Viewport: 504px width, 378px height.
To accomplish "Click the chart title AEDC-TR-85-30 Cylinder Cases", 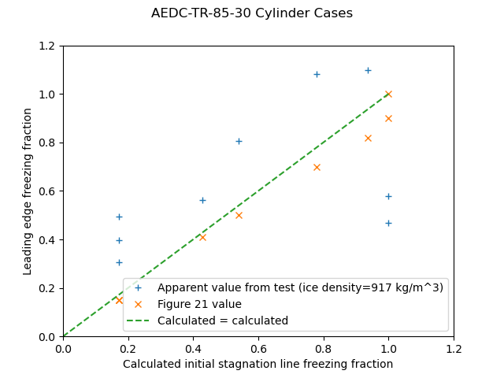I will tap(252, 13).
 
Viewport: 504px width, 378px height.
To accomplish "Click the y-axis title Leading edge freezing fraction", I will tap(28, 191).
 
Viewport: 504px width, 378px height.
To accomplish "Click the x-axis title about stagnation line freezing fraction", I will tap(258, 364).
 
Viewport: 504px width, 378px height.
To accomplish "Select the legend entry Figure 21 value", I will tap(199, 304).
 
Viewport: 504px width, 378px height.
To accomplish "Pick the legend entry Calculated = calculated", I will tap(223, 321).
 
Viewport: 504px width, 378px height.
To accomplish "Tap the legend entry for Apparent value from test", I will tap(300, 287).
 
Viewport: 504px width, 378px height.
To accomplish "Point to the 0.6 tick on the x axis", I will tap(258, 349).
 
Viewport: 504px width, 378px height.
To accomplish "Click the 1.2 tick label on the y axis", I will tap(47, 46).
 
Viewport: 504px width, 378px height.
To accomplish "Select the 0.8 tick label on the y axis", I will tap(47, 143).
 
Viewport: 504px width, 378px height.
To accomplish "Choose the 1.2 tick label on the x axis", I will tap(454, 349).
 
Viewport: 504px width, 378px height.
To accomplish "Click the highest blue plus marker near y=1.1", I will tap(368, 70).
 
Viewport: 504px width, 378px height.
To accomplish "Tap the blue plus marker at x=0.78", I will tap(317, 74).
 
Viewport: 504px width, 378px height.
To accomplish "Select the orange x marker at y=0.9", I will tap(388, 118).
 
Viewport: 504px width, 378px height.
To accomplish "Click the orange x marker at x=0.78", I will tap(317, 167).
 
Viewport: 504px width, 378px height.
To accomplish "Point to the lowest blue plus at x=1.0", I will tap(388, 223).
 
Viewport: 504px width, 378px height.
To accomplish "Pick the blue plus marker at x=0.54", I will tap(239, 141).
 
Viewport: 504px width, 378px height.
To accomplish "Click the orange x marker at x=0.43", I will tap(202, 237).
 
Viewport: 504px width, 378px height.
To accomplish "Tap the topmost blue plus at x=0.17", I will tap(119, 217).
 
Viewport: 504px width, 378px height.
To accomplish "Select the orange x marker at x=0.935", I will tap(368, 138).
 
